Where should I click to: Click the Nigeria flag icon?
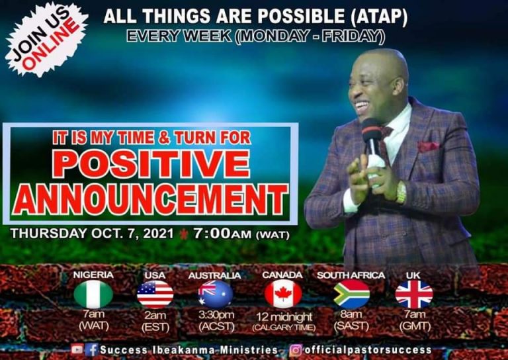(93, 294)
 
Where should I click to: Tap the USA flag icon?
(155, 294)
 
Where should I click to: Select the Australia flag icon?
(216, 294)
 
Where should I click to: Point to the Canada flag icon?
(282, 294)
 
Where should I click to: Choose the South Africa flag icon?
(351, 294)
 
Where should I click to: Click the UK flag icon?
(414, 294)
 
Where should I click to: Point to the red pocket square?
(428, 146)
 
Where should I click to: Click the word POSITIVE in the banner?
(151, 164)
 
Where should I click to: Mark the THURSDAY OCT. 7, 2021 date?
(93, 234)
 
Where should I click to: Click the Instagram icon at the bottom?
(297, 349)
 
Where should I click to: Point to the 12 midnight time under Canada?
(282, 317)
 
